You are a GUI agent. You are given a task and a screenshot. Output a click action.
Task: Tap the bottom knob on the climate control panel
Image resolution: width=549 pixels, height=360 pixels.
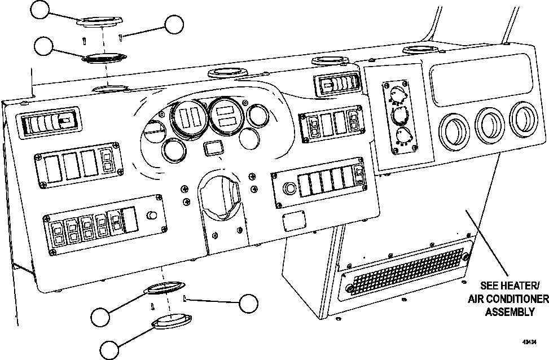pos(403,136)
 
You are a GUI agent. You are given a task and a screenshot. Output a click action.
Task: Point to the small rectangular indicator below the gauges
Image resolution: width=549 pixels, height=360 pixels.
pos(212,149)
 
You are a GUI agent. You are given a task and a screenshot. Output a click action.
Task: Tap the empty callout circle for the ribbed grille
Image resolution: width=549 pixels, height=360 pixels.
pos(45,47)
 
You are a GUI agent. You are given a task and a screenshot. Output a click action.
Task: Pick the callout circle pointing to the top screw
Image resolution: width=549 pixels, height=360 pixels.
pos(174,24)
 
